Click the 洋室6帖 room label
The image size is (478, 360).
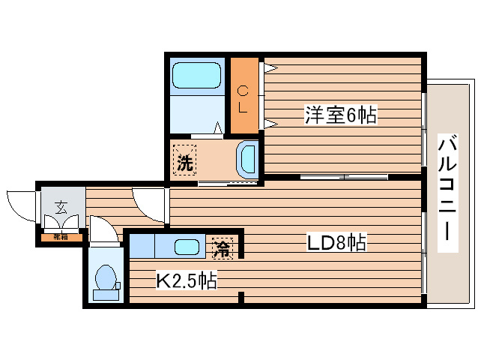tap(339, 115)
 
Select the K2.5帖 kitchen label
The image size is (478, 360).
tap(186, 280)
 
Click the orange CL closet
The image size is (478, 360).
tap(243, 97)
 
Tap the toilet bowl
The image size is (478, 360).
tap(106, 277)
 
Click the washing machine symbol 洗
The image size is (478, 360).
tap(184, 160)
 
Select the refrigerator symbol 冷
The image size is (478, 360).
tap(223, 246)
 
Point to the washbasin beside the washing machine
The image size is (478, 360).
tap(246, 158)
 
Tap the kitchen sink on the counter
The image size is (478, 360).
tap(187, 245)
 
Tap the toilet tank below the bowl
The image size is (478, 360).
tap(106, 295)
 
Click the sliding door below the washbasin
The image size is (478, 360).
tap(229, 182)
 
